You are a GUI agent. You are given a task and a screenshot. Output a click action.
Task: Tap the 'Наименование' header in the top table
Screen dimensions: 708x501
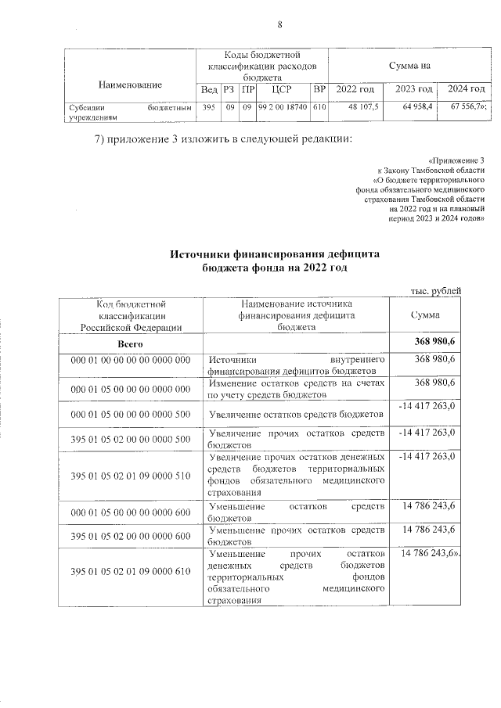pos(130,83)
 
